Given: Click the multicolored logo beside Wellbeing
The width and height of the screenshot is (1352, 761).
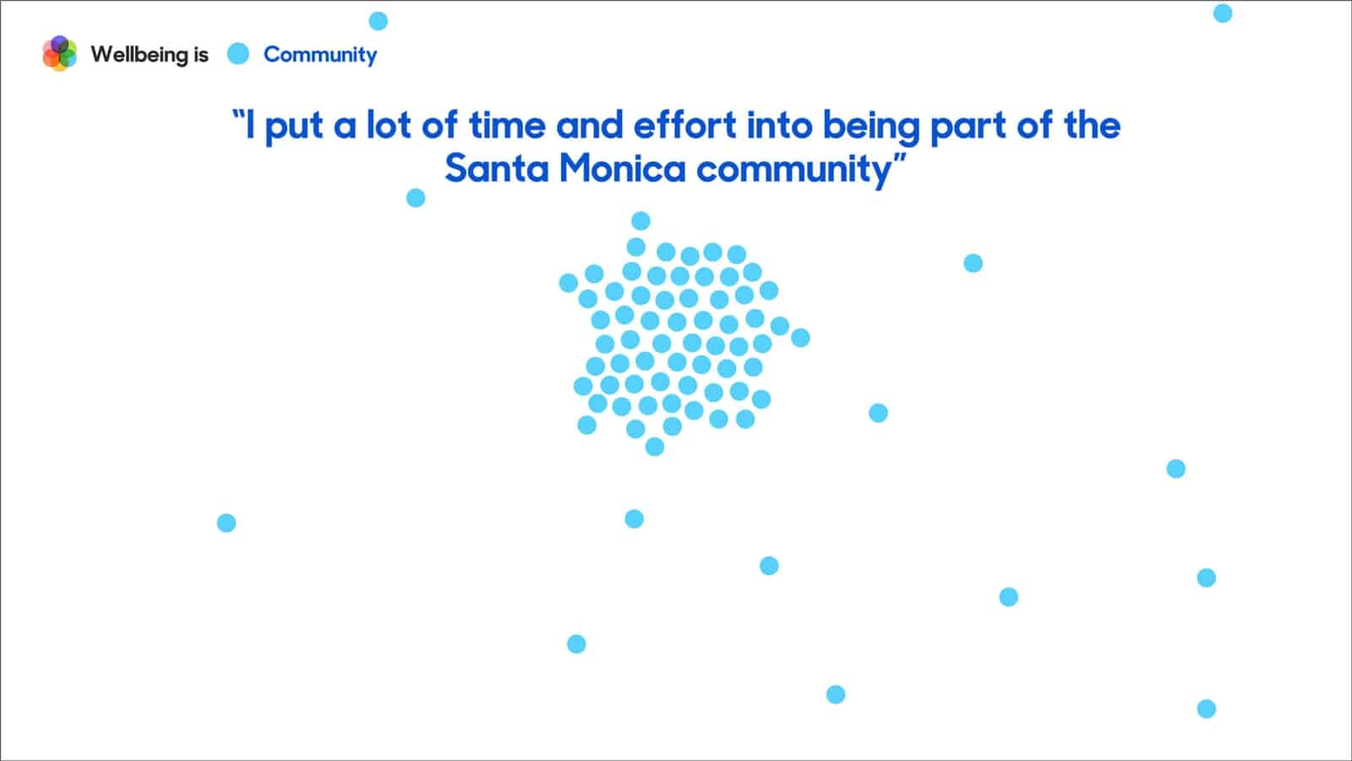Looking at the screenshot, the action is point(59,53).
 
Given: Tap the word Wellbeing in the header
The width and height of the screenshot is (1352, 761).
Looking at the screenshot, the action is point(140,55).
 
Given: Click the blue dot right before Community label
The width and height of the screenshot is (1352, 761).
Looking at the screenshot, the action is point(237,54).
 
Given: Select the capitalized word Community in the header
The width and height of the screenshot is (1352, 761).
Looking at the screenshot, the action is point(320,55).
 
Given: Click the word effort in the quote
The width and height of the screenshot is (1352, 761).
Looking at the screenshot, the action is point(685,125).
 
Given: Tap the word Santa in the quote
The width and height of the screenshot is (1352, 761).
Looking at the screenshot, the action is point(497,168).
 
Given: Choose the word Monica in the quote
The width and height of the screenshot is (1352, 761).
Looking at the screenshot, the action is point(623,168).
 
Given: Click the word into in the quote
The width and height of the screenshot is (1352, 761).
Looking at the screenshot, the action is point(780,125).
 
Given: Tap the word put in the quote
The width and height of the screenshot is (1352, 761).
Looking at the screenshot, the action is point(294,128).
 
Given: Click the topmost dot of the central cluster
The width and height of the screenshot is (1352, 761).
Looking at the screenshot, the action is point(641,221).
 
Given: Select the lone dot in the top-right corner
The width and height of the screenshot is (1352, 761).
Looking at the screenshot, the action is point(1222,14).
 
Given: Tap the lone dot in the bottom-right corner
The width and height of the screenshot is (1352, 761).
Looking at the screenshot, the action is point(1206,709).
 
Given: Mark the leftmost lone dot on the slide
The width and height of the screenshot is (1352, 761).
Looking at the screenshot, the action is point(226,523).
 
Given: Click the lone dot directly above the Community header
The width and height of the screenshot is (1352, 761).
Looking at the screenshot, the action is point(378,21).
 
